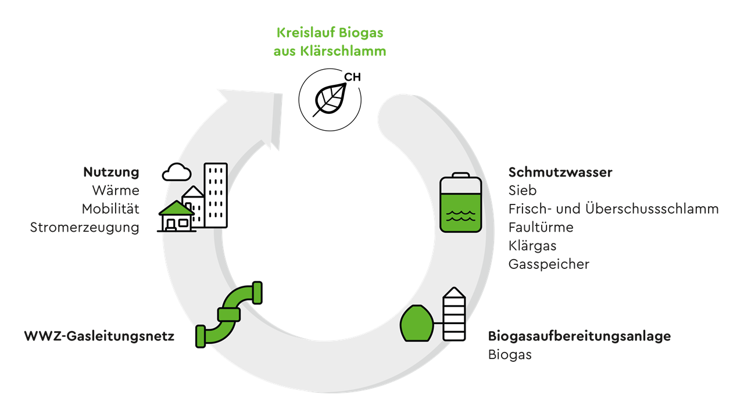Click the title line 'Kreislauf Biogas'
[x=330, y=33]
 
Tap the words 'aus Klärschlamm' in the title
[x=330, y=51]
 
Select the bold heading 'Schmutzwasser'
[x=560, y=173]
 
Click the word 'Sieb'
[x=523, y=191]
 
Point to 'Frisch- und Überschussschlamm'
[x=613, y=209]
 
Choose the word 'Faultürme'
[x=541, y=227]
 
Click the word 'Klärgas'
[x=532, y=246]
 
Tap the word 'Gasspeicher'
[x=549, y=264]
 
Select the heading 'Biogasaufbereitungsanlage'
[x=579, y=336]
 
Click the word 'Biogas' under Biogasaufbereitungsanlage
[x=510, y=354]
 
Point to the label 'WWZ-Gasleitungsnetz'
[x=99, y=336]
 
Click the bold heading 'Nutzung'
[x=111, y=173]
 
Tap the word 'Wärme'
[x=116, y=191]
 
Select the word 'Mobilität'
[x=110, y=209]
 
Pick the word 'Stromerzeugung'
[x=85, y=227]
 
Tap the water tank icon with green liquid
[x=460, y=203]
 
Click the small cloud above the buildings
[x=177, y=172]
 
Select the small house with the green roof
[x=177, y=216]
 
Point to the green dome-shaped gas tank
[x=416, y=324]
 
